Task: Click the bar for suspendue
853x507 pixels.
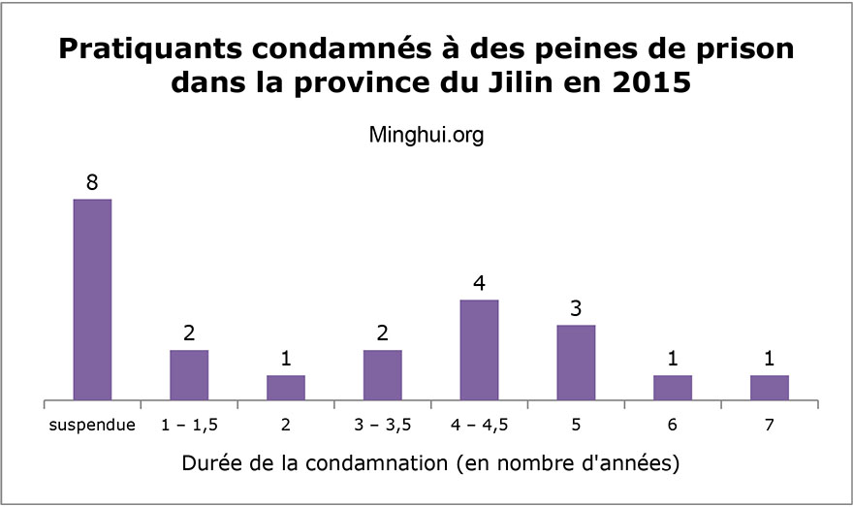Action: tap(92, 300)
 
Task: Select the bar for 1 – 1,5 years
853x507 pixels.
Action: tap(189, 375)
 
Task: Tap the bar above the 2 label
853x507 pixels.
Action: tap(286, 388)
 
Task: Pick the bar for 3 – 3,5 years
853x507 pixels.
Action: tap(382, 375)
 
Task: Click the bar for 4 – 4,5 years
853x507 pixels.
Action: tap(479, 350)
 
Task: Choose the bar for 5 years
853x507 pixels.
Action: tap(576, 363)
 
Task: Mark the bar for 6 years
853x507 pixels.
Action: tap(673, 388)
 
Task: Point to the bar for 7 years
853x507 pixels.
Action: tap(770, 388)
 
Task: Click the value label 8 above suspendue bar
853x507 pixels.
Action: tap(92, 182)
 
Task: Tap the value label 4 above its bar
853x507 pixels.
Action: tap(479, 283)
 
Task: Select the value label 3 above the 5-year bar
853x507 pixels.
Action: tap(576, 308)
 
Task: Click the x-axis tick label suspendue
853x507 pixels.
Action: tap(92, 425)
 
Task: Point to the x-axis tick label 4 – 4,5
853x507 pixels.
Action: tap(479, 425)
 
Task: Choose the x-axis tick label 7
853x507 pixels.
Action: tap(770, 425)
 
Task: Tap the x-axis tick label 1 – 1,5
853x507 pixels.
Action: tap(189, 425)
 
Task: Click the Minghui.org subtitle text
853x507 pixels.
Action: tap(426, 136)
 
